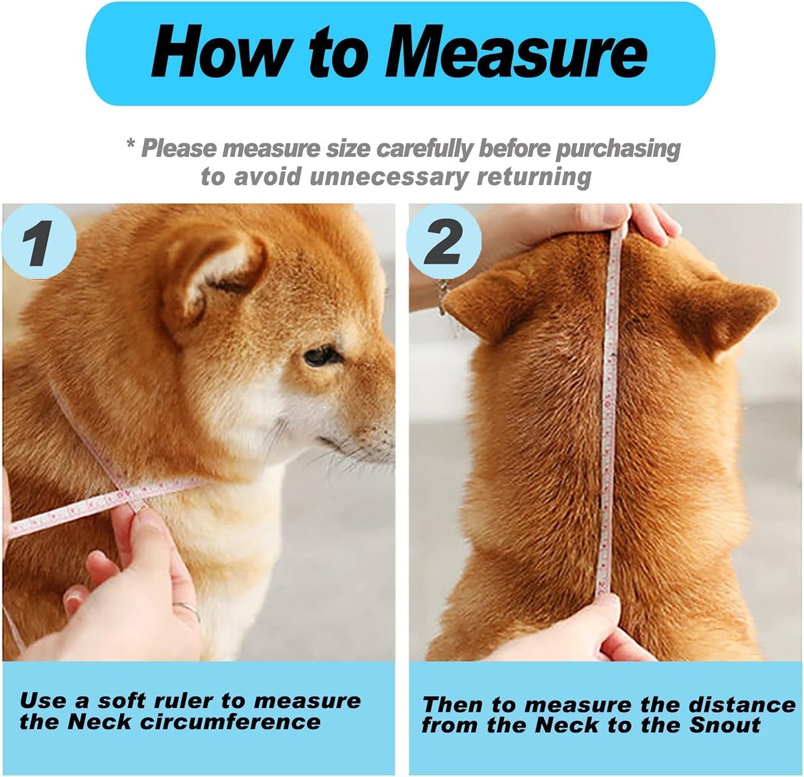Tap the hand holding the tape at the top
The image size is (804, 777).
pyautogui.click(x=640, y=220)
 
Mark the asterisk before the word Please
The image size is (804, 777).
pyautogui.click(x=131, y=146)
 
